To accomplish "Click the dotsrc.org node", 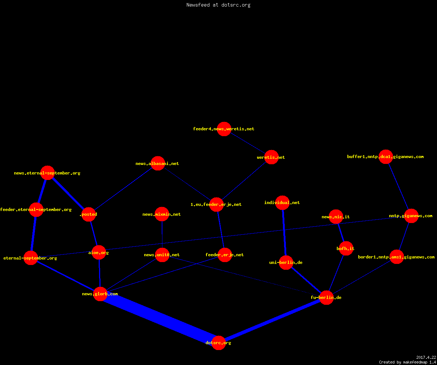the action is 219,343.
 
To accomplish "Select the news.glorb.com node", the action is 100,294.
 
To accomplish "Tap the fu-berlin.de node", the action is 326,297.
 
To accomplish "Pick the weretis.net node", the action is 271,157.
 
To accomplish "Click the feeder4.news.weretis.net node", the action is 224,129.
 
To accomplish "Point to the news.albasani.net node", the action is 158,163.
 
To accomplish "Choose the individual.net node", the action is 282,203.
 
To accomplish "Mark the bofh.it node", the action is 346,248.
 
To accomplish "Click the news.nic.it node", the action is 336,217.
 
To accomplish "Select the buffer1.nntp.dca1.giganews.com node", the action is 386,157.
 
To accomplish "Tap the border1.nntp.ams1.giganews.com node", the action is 397,257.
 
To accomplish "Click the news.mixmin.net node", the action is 162,214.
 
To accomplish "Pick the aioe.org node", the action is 99,252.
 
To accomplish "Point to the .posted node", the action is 89,214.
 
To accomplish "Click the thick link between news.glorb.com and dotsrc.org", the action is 160,318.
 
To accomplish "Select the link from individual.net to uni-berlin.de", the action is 284,233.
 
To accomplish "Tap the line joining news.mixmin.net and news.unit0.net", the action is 162,235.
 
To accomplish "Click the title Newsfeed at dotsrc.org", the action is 218,5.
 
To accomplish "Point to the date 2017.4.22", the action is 426,357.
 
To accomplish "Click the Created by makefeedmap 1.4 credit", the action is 408,362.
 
